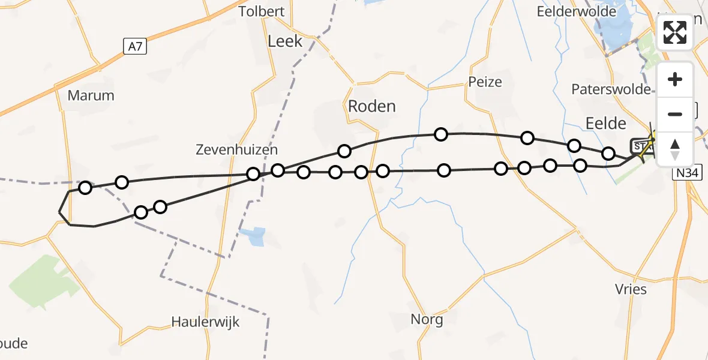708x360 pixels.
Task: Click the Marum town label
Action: [91, 95]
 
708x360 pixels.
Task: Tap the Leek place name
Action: [285, 41]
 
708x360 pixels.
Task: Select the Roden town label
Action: [372, 106]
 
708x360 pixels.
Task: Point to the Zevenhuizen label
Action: [236, 149]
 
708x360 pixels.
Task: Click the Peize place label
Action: [485, 82]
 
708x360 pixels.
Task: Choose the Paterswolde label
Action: [611, 89]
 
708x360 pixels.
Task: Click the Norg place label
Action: [427, 319]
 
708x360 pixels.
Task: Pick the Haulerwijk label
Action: [205, 322]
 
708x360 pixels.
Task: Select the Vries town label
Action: [631, 289]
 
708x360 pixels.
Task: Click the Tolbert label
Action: [261, 11]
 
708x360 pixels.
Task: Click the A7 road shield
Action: [135, 46]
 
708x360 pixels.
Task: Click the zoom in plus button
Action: [675, 80]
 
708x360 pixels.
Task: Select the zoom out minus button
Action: [675, 114]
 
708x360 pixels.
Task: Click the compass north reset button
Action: [675, 149]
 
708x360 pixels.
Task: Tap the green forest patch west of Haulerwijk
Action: [45, 281]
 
